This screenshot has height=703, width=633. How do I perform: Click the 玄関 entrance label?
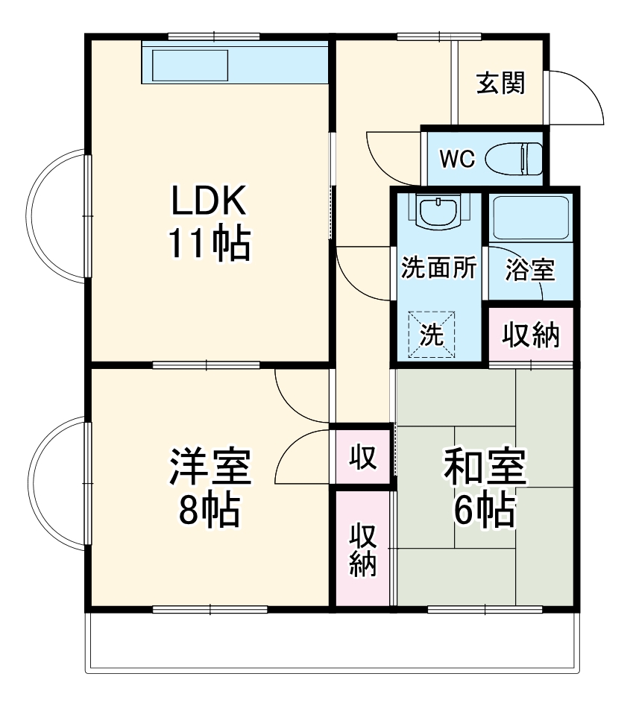tap(500, 83)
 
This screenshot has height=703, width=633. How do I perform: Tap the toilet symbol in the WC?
tap(514, 158)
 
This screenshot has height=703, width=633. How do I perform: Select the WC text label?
tap(456, 159)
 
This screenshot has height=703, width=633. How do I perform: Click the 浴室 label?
tap(530, 271)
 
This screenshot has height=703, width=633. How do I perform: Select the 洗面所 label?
tap(438, 268)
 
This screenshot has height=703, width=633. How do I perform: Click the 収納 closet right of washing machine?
tap(530, 335)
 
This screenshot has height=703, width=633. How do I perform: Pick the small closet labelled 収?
tap(362, 456)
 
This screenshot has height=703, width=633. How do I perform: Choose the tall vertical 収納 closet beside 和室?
tap(362, 549)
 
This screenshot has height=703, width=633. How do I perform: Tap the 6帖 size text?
tap(485, 510)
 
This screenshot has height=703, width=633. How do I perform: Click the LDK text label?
tap(208, 201)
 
